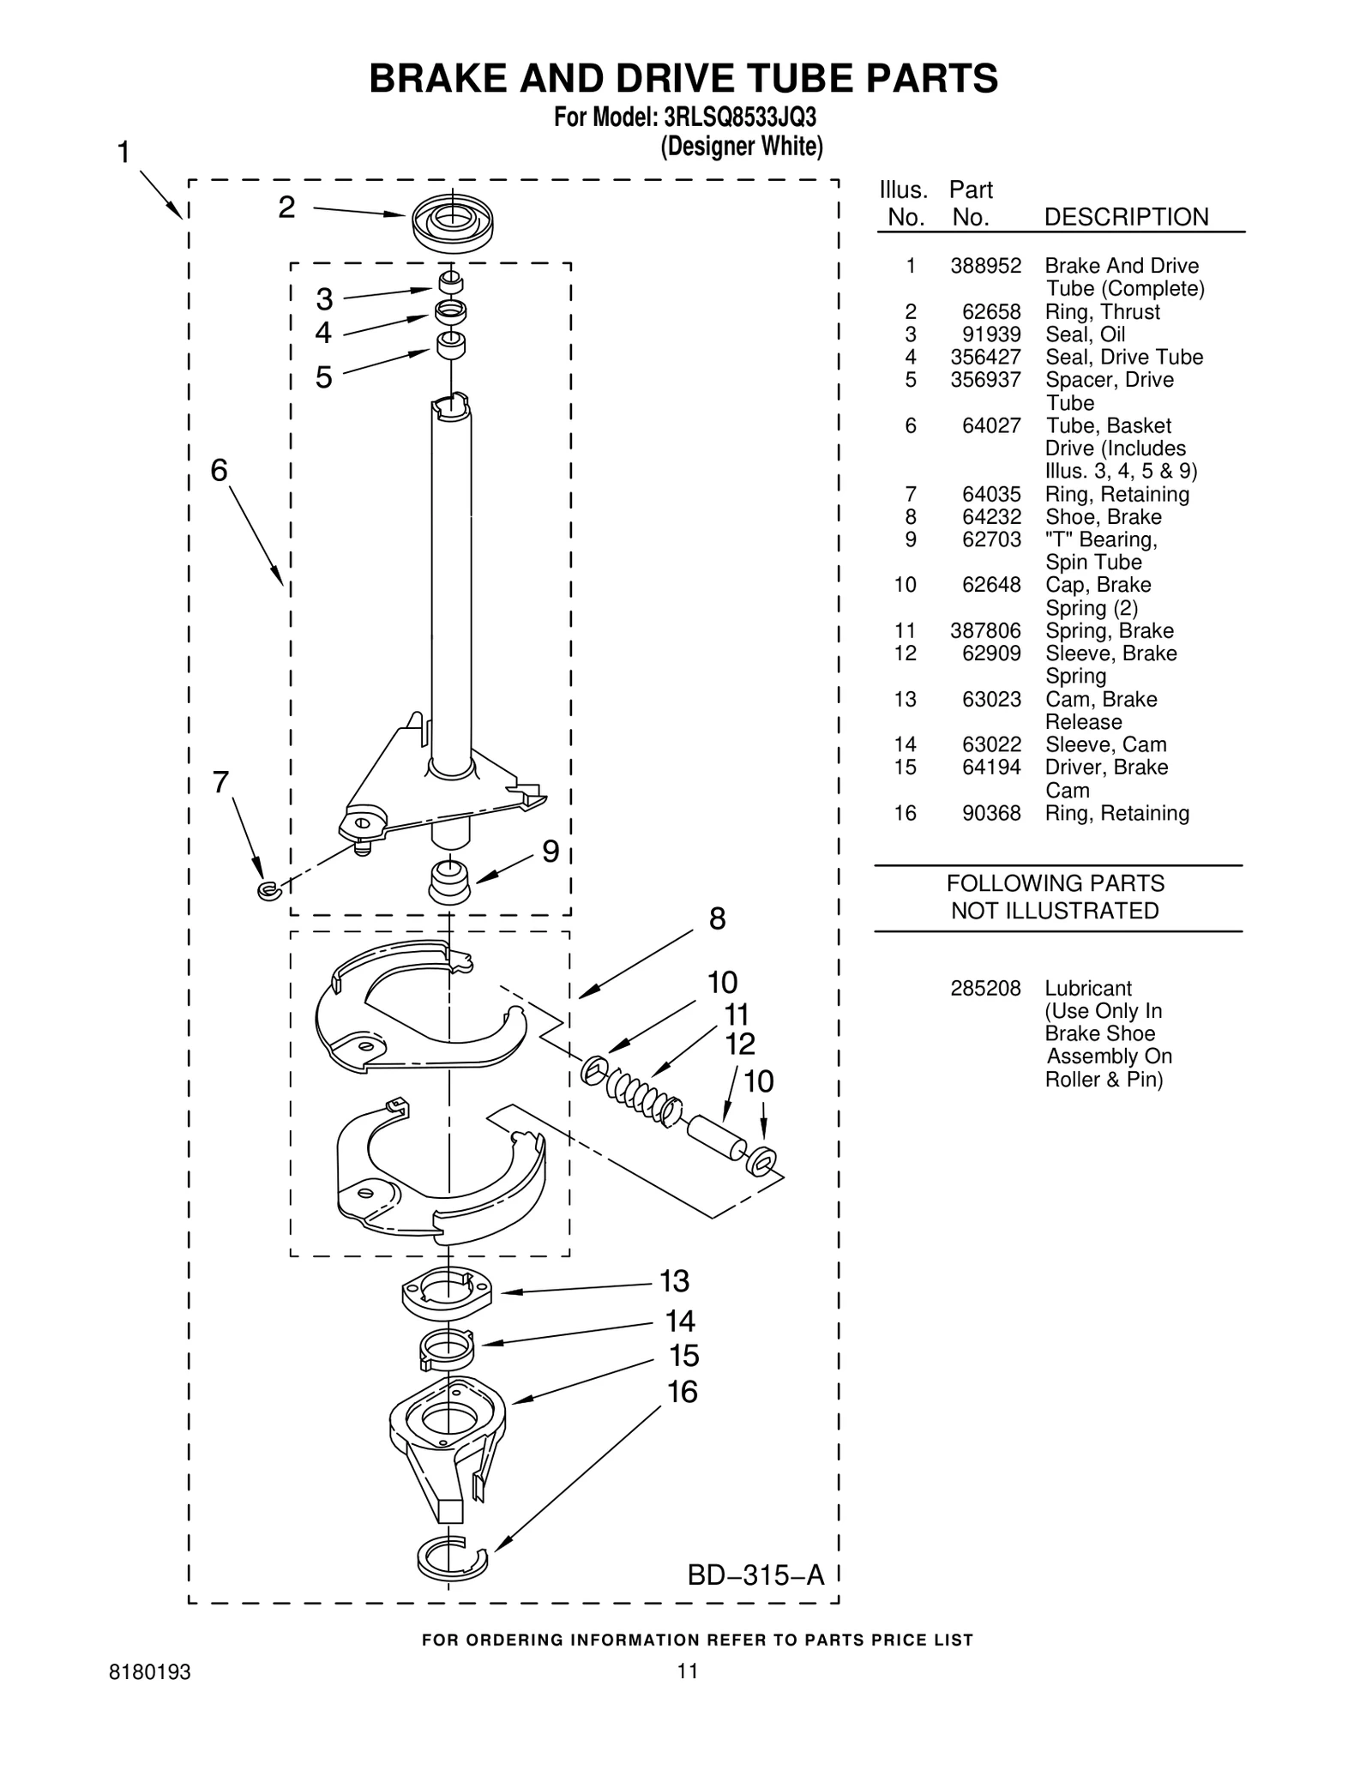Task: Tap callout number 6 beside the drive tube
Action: (x=220, y=470)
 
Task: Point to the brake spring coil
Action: (x=639, y=1097)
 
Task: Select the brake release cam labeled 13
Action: (x=447, y=1293)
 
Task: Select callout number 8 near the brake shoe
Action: (x=717, y=918)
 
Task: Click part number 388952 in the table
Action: (x=985, y=266)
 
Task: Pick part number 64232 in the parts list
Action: (x=990, y=517)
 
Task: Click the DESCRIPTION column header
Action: (x=1125, y=217)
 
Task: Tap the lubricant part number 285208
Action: (x=985, y=989)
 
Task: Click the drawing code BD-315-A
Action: (x=755, y=1574)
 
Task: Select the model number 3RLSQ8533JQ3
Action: (x=728, y=117)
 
